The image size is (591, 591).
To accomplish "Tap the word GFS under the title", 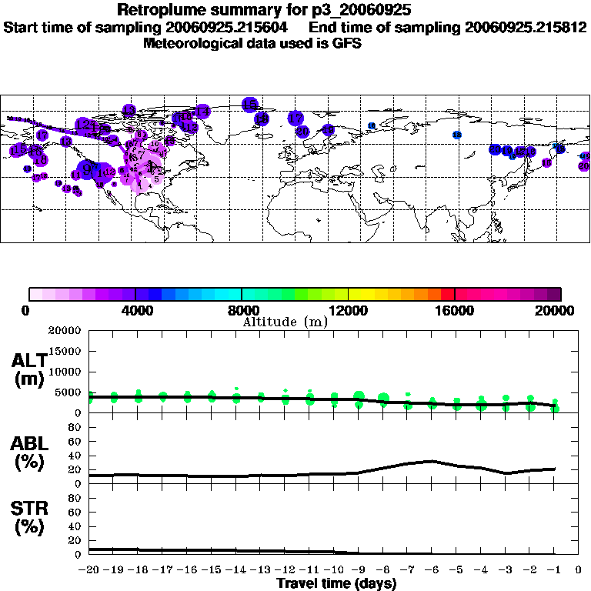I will click(x=346, y=43).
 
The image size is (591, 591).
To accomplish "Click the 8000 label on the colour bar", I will click(x=242, y=311).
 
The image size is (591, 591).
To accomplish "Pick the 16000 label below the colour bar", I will click(x=455, y=311).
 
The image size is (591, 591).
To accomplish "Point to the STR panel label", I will click(x=29, y=517).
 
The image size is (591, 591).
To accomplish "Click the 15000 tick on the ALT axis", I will click(x=68, y=351).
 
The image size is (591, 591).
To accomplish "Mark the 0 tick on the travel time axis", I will click(x=579, y=571).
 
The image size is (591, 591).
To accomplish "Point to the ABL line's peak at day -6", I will click(x=432, y=461).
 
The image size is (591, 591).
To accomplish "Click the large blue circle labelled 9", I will click(x=90, y=168).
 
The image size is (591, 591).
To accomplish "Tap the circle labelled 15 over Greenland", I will click(x=249, y=104).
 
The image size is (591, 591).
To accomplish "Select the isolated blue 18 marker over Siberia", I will click(x=457, y=135).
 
